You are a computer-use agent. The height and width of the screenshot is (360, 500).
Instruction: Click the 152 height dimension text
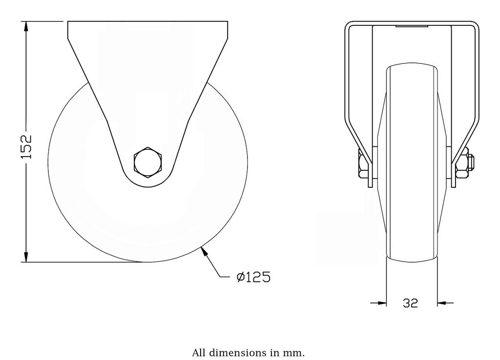(26, 146)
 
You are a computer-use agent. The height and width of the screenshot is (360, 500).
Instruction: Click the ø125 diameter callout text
(253, 277)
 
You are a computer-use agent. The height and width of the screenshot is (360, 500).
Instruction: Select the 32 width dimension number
(411, 303)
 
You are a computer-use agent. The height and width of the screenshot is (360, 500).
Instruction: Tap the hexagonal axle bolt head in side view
(147, 162)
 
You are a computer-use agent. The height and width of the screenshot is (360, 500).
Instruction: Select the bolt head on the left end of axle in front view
(361, 166)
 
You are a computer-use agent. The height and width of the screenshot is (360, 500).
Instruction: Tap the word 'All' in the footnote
(199, 352)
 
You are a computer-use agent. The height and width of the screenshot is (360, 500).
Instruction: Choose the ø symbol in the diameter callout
(240, 277)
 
